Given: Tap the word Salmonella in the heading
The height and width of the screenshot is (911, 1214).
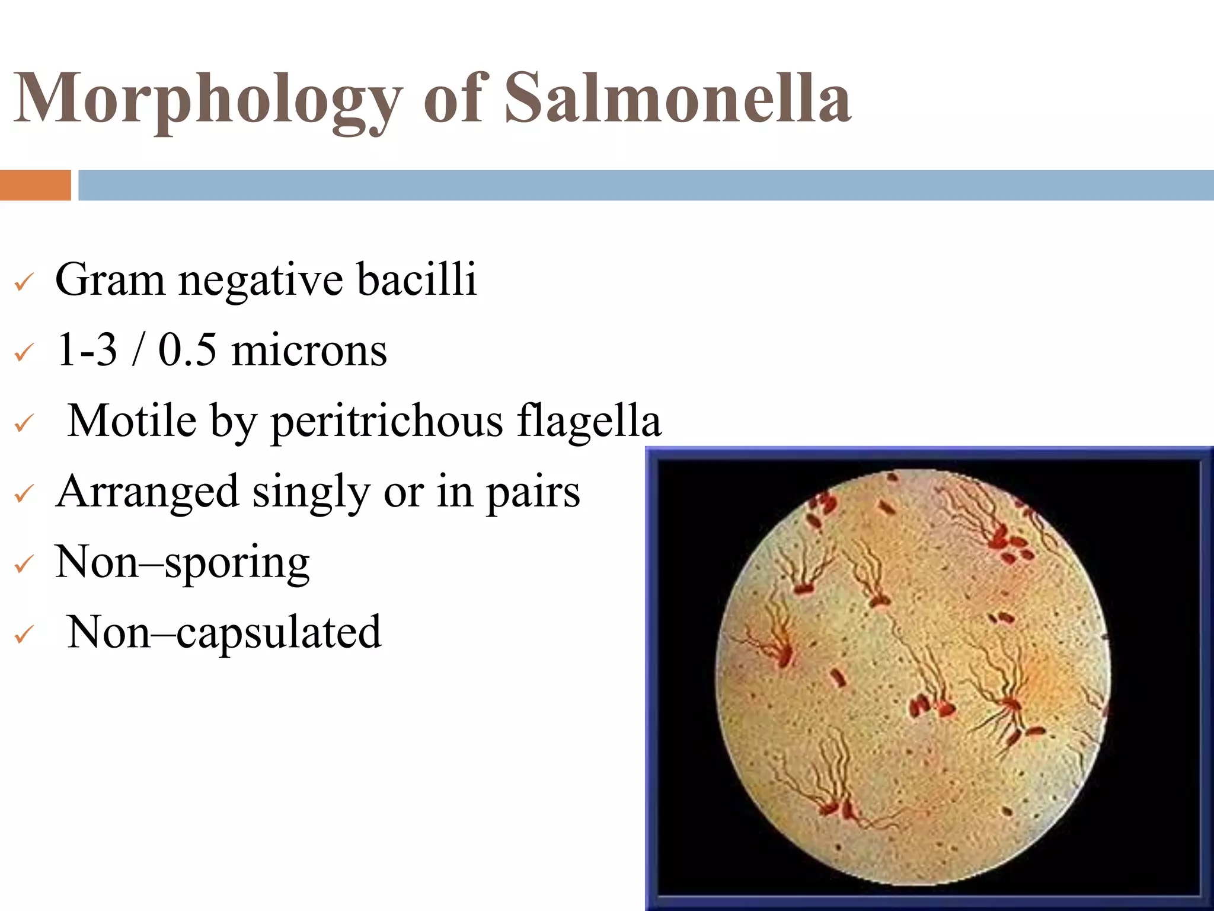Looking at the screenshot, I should point(678,98).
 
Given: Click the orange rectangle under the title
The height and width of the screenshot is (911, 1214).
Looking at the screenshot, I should point(35,185).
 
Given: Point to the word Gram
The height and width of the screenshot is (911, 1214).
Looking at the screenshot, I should point(110,279).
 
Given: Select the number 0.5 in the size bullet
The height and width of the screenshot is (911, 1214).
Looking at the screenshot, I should point(187,350).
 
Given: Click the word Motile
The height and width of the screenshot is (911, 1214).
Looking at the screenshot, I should point(132,421).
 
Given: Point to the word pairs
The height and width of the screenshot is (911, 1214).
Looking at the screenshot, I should point(533,492).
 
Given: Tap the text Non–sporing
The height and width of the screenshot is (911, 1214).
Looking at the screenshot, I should point(182,562).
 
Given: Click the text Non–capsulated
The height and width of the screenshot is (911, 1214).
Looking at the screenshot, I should point(224,633).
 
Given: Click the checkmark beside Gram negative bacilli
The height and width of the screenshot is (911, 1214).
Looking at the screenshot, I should point(24,282).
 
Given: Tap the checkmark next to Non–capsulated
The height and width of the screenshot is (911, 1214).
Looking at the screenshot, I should point(24,635).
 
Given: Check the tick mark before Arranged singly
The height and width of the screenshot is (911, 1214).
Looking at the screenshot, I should point(24,494).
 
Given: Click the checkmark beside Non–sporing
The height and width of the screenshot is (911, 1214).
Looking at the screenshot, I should point(24,565).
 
